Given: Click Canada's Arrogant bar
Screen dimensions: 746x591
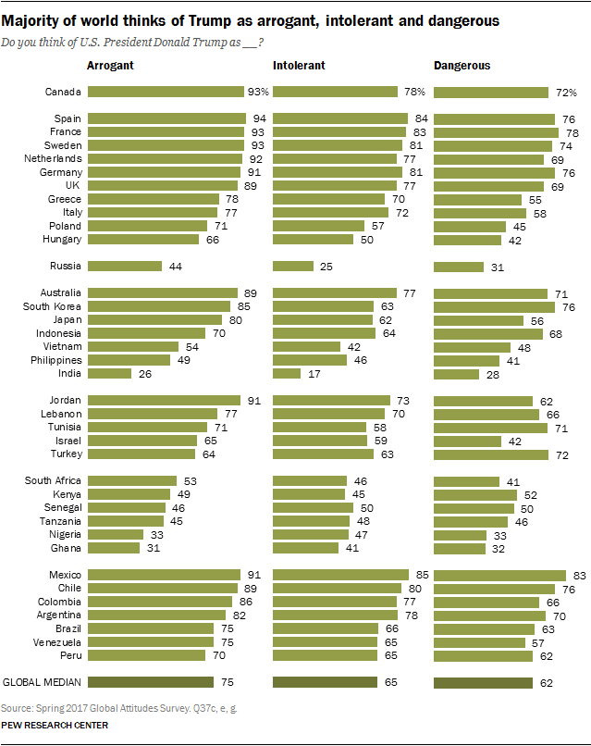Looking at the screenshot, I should (x=166, y=92).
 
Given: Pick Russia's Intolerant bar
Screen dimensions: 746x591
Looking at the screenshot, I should (x=293, y=266).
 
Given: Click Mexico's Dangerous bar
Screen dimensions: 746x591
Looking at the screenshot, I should (x=499, y=576).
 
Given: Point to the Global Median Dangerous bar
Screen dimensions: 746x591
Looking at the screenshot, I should (x=483, y=682).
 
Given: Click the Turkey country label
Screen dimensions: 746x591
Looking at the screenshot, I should (x=67, y=454).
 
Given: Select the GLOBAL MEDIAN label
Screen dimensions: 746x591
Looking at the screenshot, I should (x=43, y=682).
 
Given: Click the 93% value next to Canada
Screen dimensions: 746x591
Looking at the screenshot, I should (x=257, y=92).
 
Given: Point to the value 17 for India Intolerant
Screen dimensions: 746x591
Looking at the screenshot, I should (x=314, y=374).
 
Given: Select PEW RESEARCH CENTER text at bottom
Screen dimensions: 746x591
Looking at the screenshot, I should (x=55, y=726).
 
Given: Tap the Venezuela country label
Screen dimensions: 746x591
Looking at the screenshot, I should (x=56, y=641).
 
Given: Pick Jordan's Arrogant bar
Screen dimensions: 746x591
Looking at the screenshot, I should (x=165, y=401).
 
